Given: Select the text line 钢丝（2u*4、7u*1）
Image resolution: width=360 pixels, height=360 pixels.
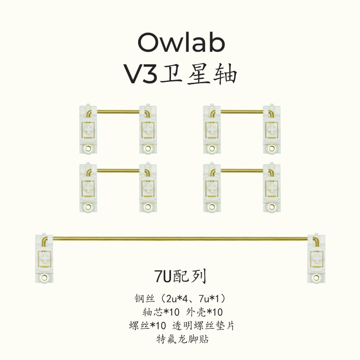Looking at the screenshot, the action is coord(180,298).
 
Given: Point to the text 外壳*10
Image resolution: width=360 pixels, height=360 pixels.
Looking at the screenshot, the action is coord(205,312).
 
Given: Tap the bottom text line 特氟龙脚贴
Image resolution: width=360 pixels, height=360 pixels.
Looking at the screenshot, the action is coord(180,339).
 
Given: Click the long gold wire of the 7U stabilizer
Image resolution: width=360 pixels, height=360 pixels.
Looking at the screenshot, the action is coord(180,238).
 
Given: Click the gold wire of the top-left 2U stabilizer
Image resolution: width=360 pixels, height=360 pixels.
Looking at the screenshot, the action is coord(117,111).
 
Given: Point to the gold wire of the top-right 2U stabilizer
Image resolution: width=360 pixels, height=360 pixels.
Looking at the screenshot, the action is coord(242,111).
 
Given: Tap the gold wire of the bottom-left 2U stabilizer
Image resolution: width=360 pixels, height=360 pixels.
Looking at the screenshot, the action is coord(117,171).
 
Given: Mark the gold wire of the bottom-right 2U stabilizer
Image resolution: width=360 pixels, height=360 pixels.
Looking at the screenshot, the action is coord(242,171).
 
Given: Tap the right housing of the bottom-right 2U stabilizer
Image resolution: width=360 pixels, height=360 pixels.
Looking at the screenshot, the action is coord(271,188).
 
